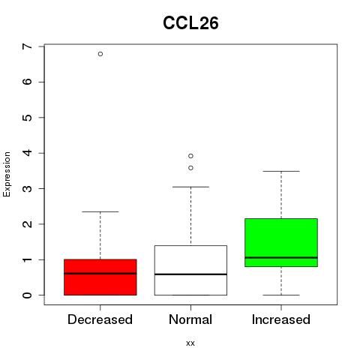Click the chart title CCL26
(x=190, y=23)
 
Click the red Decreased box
(x=100, y=277)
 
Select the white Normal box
(x=190, y=270)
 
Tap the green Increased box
(x=281, y=242)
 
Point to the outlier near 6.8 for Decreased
(x=100, y=54)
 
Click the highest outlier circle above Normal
(x=190, y=156)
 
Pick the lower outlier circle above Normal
(x=190, y=168)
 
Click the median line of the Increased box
(x=281, y=257)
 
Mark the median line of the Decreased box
(x=100, y=274)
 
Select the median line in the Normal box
(x=190, y=274)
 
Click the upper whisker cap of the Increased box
(x=281, y=171)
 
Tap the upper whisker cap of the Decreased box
(x=100, y=211)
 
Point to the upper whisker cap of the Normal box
(x=190, y=187)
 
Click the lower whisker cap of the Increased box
(x=281, y=295)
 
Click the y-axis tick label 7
(x=28, y=46)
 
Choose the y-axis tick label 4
(x=28, y=153)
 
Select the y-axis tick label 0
(x=28, y=295)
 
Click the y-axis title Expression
(x=7, y=174)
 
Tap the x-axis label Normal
(x=190, y=319)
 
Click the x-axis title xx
(x=190, y=343)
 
